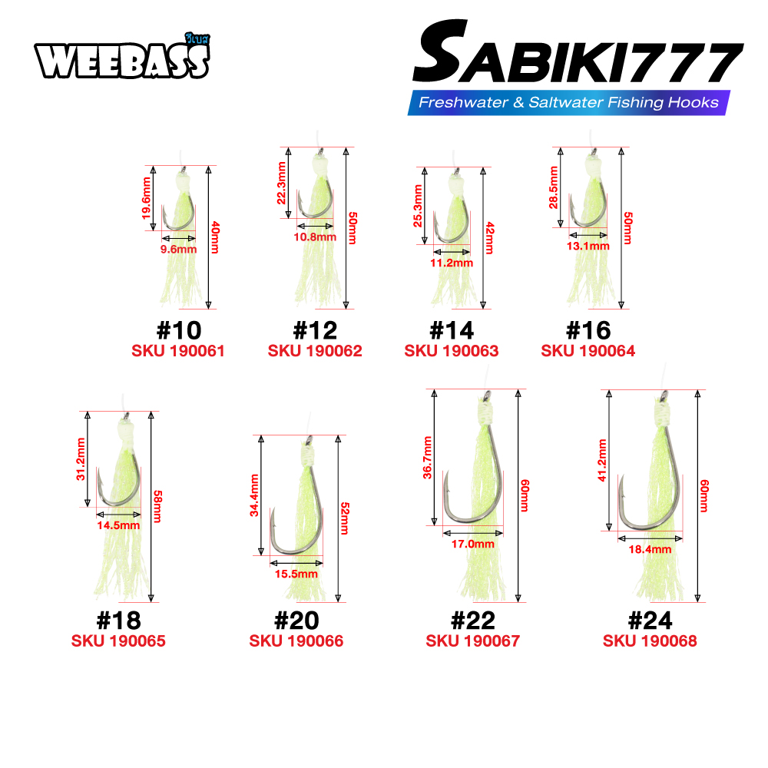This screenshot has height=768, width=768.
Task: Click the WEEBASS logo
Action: point(122,58)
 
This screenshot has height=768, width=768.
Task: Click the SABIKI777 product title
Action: point(578,52)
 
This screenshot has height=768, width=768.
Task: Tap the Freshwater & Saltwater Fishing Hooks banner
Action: point(568,102)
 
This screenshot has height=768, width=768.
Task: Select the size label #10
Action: point(179,330)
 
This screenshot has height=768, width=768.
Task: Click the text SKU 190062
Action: point(315,351)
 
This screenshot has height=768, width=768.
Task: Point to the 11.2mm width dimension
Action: point(452,263)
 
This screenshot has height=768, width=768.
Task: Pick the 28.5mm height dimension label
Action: point(554,187)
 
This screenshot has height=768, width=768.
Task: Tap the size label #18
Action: point(119,621)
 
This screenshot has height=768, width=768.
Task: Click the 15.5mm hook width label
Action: point(296,574)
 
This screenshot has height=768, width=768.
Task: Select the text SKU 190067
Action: point(472,641)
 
